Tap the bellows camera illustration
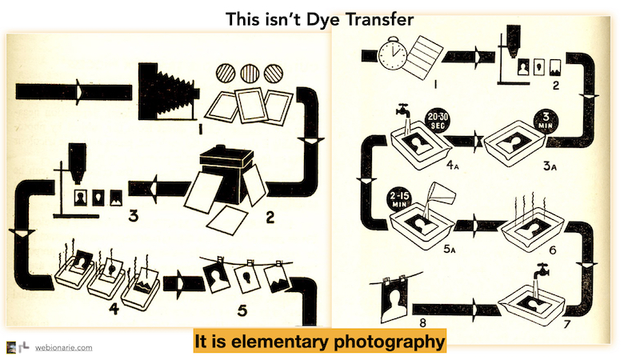click(x=169, y=92)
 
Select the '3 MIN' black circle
click(x=546, y=122)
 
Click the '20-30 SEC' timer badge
click(x=438, y=121)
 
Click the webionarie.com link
click(x=63, y=348)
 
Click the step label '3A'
click(x=550, y=166)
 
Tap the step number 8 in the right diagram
click(x=422, y=323)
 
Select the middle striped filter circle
click(x=250, y=74)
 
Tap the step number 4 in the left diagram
click(x=114, y=308)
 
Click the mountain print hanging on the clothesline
click(x=278, y=278)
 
